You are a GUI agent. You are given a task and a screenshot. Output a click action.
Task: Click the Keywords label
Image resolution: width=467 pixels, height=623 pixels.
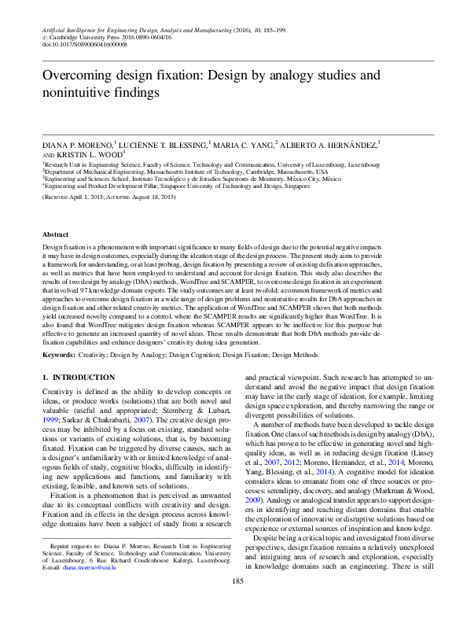[58, 356]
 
